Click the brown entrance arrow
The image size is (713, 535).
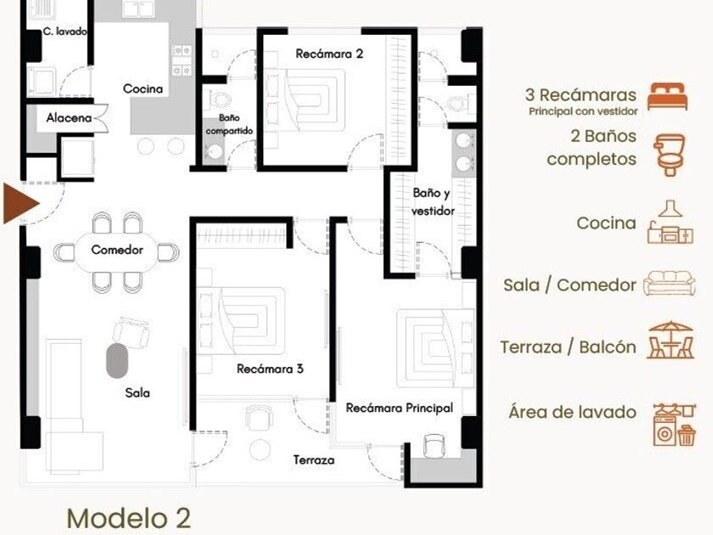(20, 203)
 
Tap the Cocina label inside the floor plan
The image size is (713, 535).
(143, 88)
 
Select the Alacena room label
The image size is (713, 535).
(69, 118)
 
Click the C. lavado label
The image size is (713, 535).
(65, 31)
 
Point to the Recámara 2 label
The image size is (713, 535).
(329, 53)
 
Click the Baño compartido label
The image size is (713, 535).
(229, 124)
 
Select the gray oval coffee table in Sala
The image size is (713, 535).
(117, 360)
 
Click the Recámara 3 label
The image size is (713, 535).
(270, 369)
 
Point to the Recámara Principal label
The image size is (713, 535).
(399, 408)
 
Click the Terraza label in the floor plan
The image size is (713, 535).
(314, 460)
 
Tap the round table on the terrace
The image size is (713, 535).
(260, 449)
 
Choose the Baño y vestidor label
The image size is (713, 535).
(432, 201)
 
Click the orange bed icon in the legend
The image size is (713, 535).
(667, 97)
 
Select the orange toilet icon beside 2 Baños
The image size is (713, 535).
(670, 155)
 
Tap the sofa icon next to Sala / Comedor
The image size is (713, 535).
(670, 284)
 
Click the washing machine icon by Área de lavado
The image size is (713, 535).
(665, 431)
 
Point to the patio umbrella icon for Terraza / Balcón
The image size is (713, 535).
(671, 341)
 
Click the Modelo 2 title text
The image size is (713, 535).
(129, 518)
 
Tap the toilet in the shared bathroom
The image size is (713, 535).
(218, 99)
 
